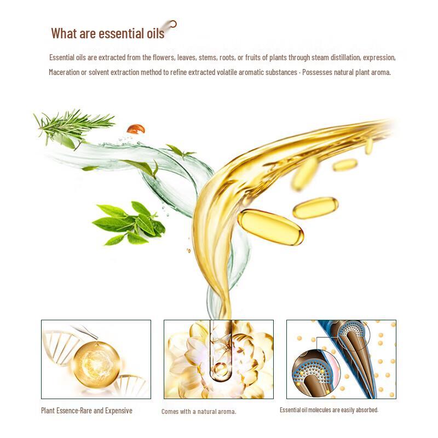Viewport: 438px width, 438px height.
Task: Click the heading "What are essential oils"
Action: (x=107, y=33)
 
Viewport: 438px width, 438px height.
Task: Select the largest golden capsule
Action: (x=270, y=227)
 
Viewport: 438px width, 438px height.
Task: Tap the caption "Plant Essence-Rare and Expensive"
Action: (x=87, y=411)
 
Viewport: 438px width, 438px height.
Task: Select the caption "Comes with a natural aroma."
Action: (x=199, y=411)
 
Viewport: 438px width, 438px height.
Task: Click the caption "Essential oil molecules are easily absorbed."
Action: (x=329, y=410)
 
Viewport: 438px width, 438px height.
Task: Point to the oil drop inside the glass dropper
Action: (x=221, y=368)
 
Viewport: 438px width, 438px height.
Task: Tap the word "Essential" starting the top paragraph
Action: (x=61, y=57)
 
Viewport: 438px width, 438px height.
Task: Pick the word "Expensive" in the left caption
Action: (x=118, y=411)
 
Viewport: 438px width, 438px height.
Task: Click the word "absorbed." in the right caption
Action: (x=367, y=410)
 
